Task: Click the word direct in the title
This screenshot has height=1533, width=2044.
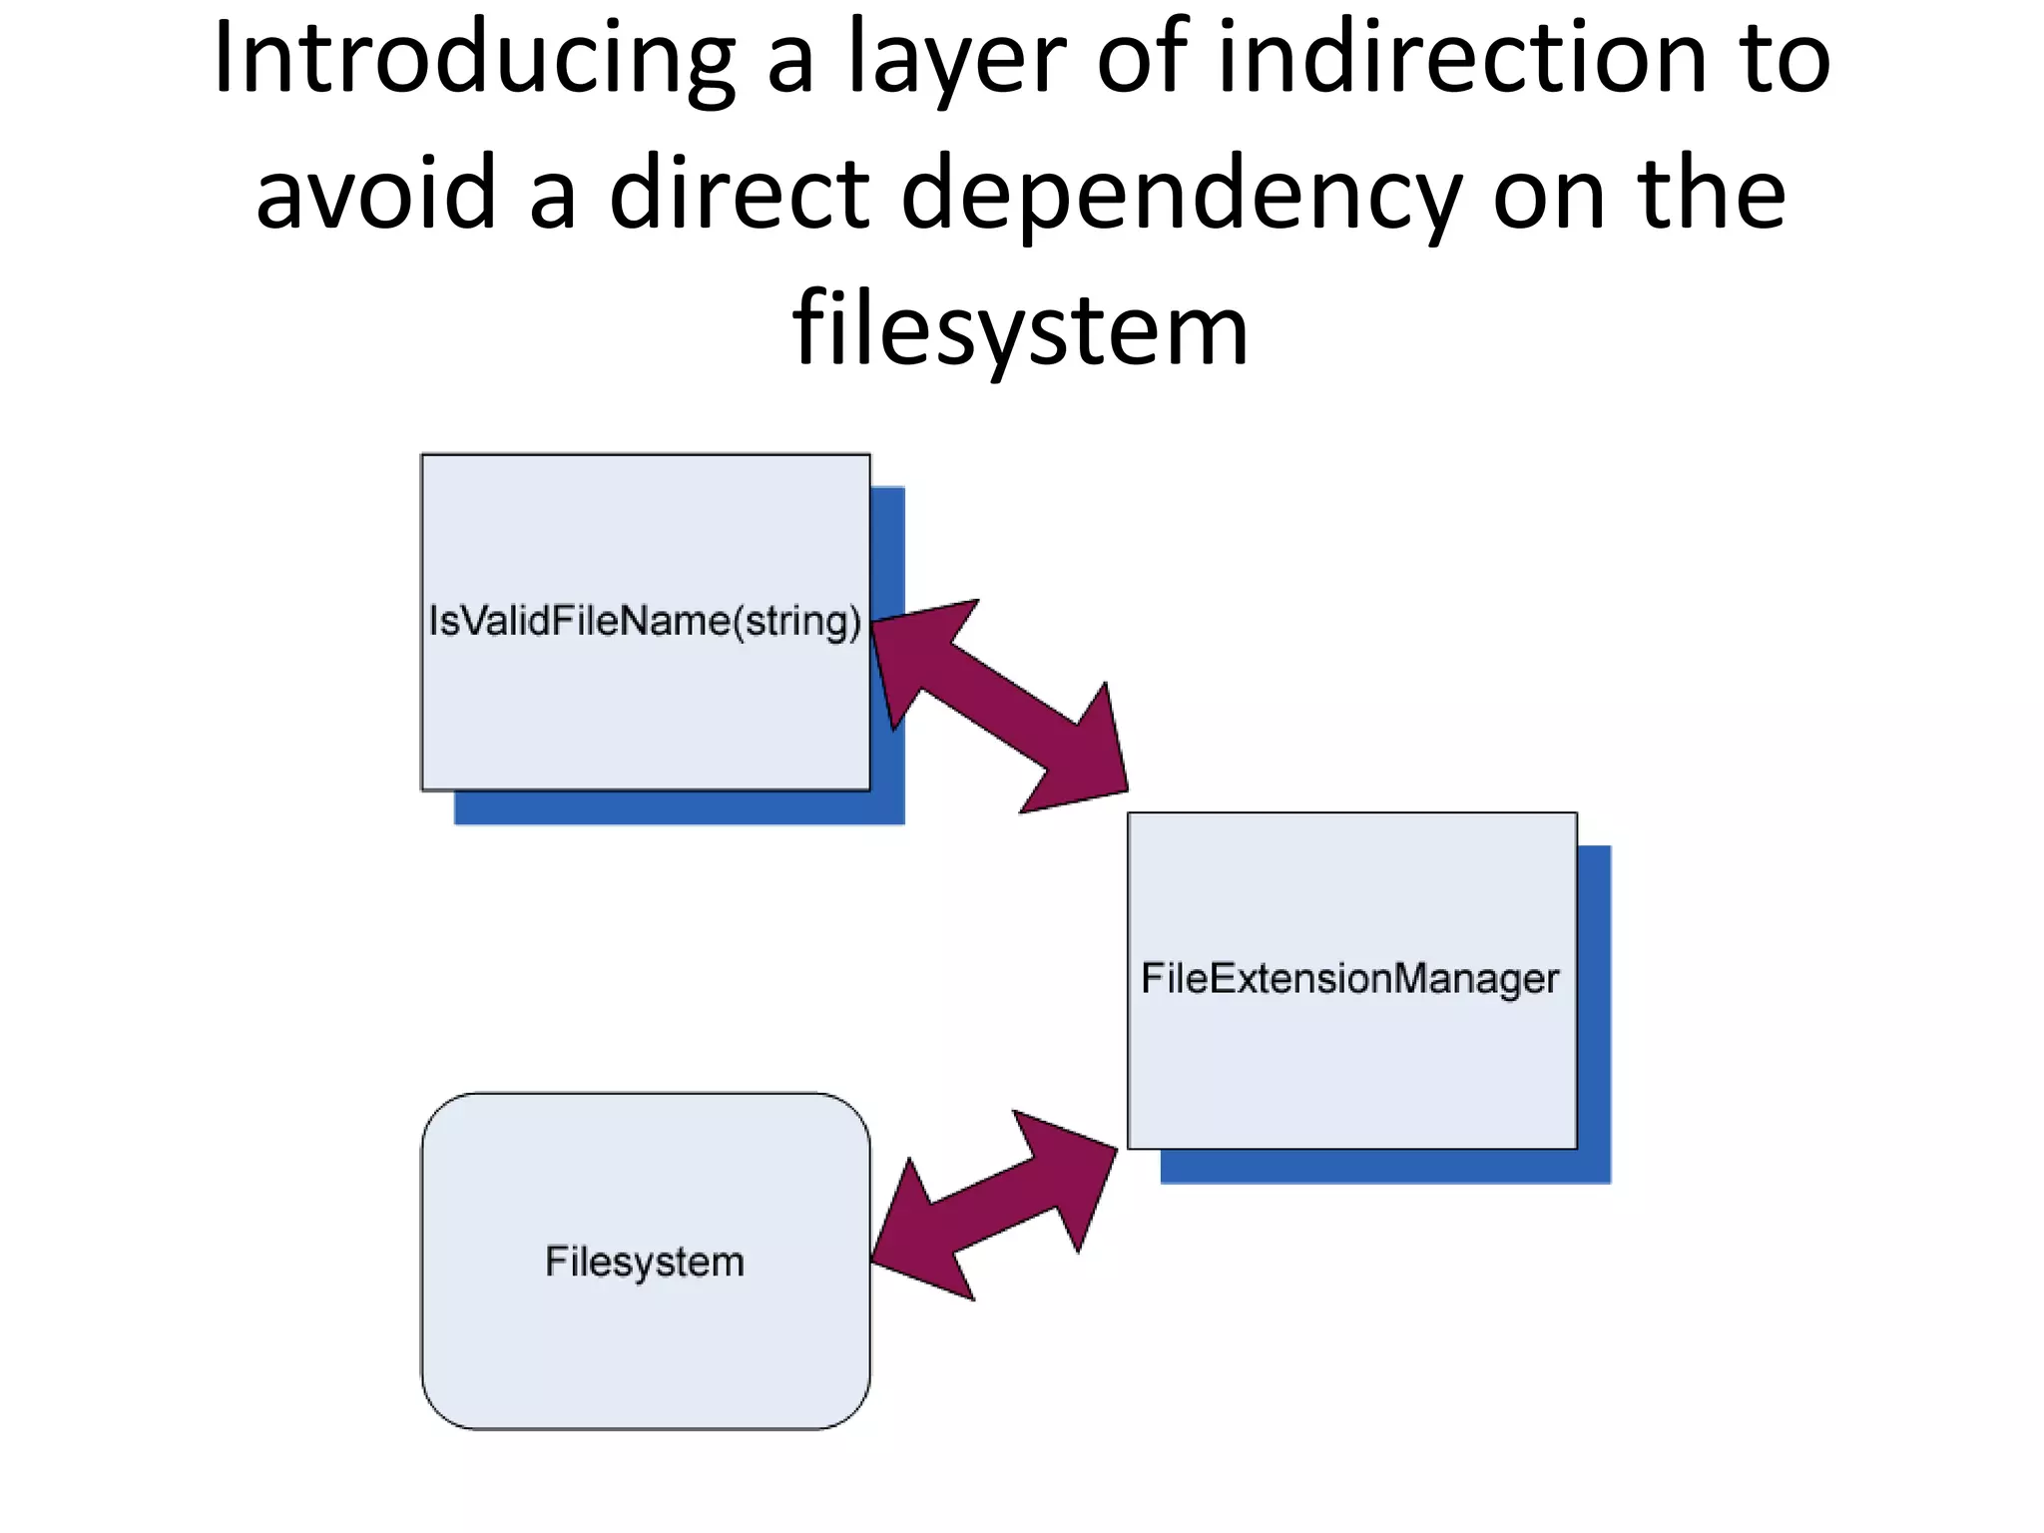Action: pos(739,195)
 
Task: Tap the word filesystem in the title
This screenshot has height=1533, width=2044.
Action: pos(1020,329)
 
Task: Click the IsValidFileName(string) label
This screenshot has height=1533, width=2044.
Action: pos(645,621)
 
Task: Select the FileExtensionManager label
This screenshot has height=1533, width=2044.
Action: pos(1349,978)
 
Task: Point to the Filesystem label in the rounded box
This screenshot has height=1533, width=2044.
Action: pos(645,1262)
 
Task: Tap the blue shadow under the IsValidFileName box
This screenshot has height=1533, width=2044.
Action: pos(679,807)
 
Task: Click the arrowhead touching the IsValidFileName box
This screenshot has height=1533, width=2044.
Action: pos(908,649)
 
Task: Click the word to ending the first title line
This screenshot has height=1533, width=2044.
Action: pos(1787,60)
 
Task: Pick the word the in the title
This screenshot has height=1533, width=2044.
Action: pos(1712,195)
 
